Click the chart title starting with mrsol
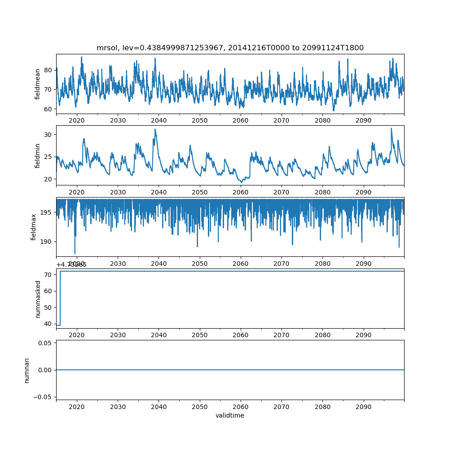pos(230,48)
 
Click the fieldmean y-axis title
pos(38,84)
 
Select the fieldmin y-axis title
pos(38,155)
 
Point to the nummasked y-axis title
pos(38,299)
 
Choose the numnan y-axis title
pos(26,370)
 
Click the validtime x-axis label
pos(230,416)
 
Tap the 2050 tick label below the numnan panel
pos(200,406)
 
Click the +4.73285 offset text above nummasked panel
pos(71,265)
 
